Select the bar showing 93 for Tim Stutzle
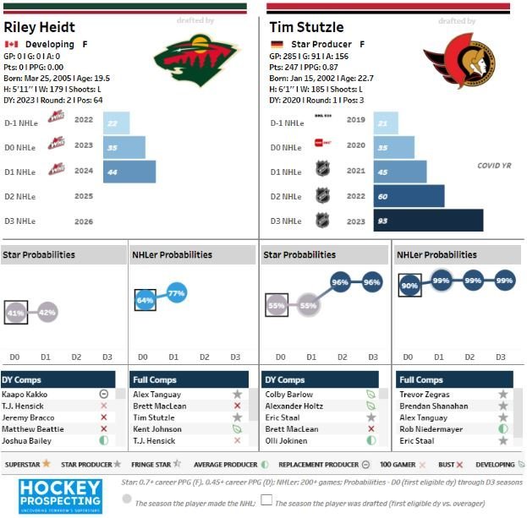pyautogui.click(x=428, y=221)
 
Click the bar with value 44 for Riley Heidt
pyautogui.click(x=129, y=172)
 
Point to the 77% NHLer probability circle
pyautogui.click(x=176, y=293)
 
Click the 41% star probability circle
pyautogui.click(x=16, y=313)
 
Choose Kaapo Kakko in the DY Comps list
pyautogui.click(x=24, y=395)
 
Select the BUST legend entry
pyautogui.click(x=447, y=464)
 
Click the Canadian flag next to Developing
pyautogui.click(x=11, y=44)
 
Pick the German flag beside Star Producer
pyautogui.click(x=277, y=44)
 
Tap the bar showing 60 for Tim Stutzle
pyautogui.click(x=409, y=196)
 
